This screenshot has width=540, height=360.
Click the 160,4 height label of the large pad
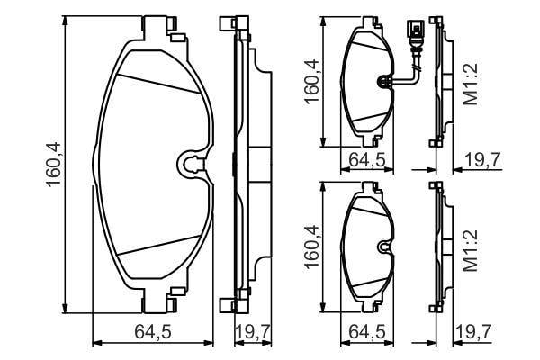(53, 165)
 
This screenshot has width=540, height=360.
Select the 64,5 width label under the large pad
(153, 332)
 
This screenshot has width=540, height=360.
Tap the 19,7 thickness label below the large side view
(253, 332)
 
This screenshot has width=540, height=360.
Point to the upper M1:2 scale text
(470, 85)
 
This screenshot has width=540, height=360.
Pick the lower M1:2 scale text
(470, 250)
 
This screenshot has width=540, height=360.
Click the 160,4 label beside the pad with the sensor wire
(311, 82)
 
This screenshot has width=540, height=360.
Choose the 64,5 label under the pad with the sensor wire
(366, 160)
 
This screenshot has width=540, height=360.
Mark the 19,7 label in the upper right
(482, 160)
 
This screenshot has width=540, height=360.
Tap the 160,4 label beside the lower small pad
(311, 247)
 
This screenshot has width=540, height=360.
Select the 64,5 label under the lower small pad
(366, 332)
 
